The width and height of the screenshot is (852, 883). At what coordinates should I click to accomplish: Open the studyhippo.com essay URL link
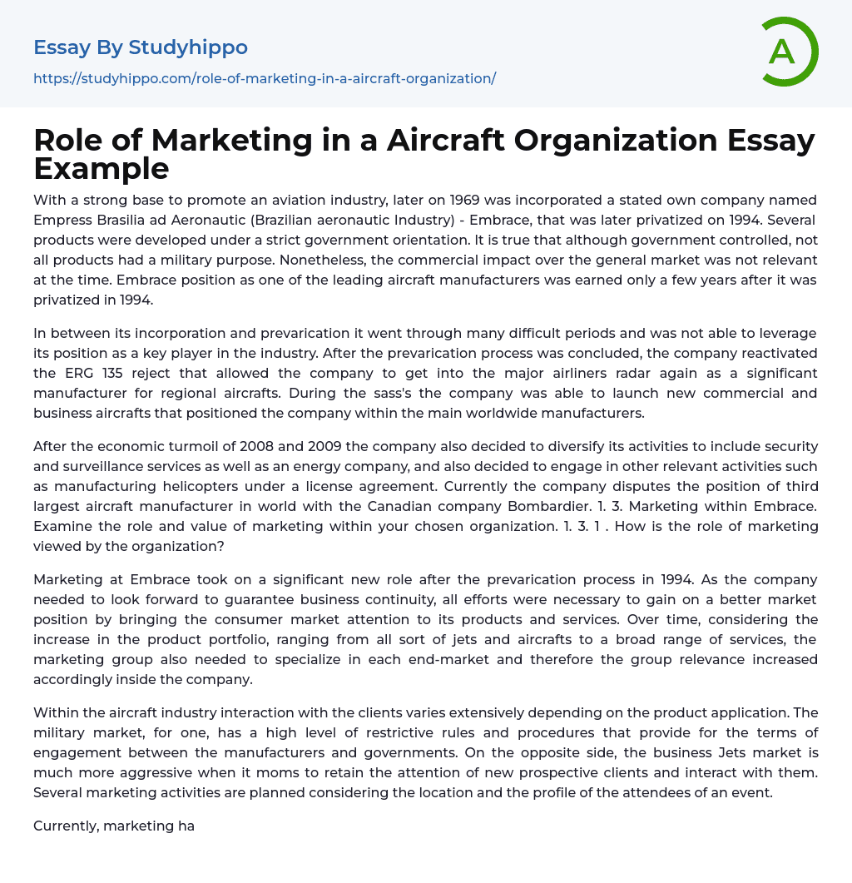point(265,78)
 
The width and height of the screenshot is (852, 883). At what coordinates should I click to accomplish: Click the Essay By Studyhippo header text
point(141,47)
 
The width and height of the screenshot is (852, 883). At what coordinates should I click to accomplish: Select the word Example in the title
point(102,168)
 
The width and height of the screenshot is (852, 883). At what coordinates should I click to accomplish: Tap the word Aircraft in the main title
point(434,141)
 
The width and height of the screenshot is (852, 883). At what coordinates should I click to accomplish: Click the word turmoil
point(195,446)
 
